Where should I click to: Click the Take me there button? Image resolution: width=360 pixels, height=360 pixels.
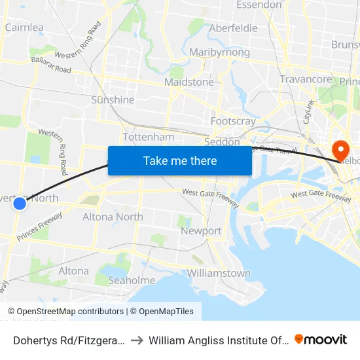180,161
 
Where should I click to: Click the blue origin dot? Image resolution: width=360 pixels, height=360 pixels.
20,204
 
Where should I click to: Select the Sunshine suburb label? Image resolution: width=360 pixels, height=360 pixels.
113,100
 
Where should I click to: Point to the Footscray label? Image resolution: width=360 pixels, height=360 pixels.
233,121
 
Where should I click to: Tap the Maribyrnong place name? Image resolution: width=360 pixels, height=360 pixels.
219,52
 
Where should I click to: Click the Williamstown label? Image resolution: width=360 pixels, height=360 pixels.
219,273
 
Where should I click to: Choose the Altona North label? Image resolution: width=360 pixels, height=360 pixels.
113,217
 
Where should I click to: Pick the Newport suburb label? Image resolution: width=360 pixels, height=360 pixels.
202,231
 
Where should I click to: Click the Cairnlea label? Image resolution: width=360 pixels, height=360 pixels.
24,27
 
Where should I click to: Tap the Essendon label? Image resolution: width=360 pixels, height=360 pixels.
259,5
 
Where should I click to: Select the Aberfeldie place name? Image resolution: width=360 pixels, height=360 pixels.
233,28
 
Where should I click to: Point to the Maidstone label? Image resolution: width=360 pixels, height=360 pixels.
189,82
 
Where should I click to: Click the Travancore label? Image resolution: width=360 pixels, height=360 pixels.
306,79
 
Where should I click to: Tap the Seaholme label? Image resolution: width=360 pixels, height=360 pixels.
132,280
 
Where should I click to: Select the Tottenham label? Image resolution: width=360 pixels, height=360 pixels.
149,137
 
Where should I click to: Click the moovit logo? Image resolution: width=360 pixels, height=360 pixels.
321,339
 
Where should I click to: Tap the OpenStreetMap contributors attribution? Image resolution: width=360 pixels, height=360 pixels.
70,312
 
